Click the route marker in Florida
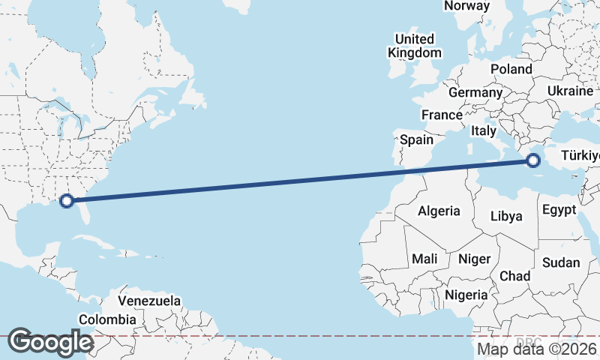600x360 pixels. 67,200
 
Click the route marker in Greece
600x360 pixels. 533,160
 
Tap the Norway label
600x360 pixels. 466,6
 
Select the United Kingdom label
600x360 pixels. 414,46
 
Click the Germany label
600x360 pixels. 475,92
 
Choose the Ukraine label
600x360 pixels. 570,90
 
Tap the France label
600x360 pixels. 441,115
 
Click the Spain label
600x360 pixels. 416,139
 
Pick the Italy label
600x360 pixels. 484,130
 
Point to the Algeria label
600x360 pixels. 439,211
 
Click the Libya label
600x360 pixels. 505,216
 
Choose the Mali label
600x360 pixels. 424,259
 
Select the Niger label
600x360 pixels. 474,259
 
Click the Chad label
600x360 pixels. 515,276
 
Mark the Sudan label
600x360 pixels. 561,262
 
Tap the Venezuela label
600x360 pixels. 150,301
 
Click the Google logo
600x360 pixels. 50,342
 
